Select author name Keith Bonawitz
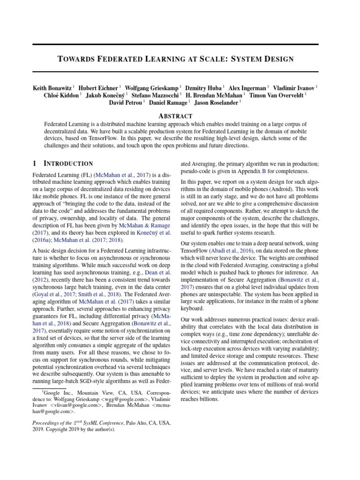(x=52, y=87)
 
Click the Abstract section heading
(x=175, y=116)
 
